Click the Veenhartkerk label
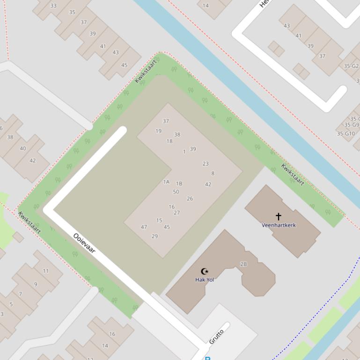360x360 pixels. [279, 225]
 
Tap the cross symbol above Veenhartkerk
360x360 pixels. [279, 216]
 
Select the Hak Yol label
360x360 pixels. [205, 280]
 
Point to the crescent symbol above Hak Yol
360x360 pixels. [205, 271]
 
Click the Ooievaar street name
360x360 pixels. [84, 243]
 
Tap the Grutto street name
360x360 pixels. [216, 336]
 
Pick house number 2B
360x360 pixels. [243, 264]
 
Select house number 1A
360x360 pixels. [166, 182]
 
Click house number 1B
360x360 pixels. [179, 184]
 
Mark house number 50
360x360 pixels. [176, 192]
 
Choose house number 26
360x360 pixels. [190, 199]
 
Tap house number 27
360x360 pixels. [177, 213]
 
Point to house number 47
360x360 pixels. [144, 227]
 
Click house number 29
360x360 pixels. [155, 236]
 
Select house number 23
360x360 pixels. [206, 164]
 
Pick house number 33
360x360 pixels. [53, 6]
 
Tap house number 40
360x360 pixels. [23, 149]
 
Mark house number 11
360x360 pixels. [46, 271]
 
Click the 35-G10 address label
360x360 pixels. [346, 134]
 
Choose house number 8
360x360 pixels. [213, 173]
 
